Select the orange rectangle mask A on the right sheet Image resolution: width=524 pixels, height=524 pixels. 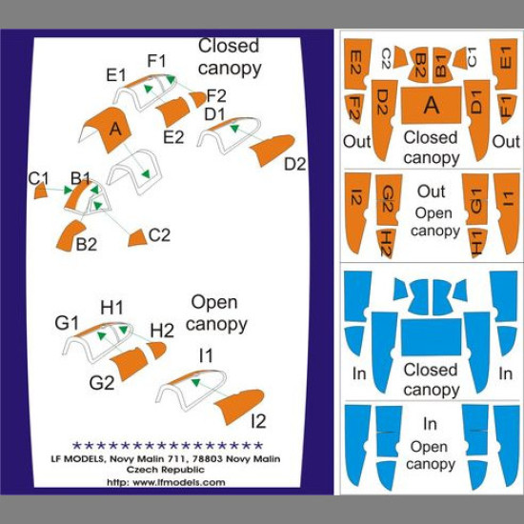pos(431,106)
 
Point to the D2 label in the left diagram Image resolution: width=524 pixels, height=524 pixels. pos(295,164)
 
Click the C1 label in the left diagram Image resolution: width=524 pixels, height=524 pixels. pos(39,177)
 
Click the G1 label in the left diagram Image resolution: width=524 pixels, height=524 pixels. pos(66,323)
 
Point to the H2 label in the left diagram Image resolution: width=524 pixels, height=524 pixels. pos(162,330)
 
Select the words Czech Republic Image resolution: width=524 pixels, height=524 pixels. pos(168,472)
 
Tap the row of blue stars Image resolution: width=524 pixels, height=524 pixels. pos(167,445)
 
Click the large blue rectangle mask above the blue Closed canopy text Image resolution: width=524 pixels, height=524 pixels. pos(431,337)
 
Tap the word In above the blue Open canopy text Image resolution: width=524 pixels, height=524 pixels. pos(431,425)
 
